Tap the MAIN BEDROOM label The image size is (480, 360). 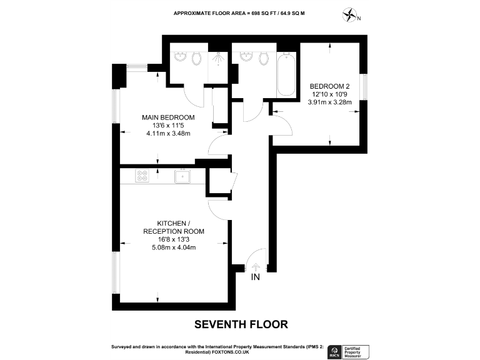[x=167, y=117]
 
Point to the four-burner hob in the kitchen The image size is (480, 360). [x=141, y=177]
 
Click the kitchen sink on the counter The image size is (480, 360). [x=182, y=177]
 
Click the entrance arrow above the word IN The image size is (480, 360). [x=255, y=266]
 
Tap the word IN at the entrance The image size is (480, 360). [x=255, y=277]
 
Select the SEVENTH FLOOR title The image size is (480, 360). [x=241, y=324]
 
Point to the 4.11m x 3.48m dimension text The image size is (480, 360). [x=167, y=133]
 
